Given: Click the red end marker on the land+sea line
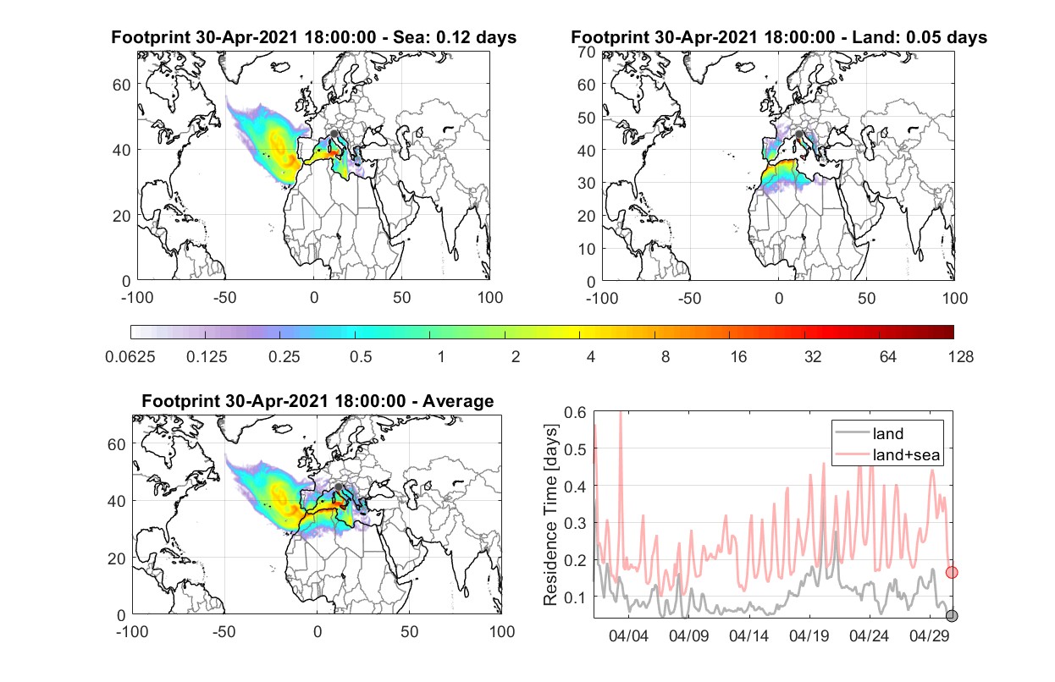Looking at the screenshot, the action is [952, 572].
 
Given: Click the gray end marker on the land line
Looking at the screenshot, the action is [952, 616].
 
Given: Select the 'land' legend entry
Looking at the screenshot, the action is [869, 433].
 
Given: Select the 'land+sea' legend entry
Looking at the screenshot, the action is [887, 454].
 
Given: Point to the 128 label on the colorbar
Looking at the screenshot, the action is [960, 357].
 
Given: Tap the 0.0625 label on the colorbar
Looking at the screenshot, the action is [130, 357].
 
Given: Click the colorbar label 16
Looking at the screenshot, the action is [738, 357].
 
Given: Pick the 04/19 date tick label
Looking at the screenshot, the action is [809, 636].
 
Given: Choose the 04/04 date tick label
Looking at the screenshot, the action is [628, 636].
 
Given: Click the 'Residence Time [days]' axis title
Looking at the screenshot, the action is [550, 514].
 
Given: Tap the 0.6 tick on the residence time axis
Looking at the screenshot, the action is [575, 413].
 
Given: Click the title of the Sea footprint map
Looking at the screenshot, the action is [313, 37].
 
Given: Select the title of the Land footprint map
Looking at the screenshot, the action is [779, 37].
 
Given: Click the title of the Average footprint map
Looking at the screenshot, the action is [318, 401].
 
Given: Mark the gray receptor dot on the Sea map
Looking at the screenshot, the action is [334, 134].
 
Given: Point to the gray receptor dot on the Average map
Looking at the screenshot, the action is [338, 487].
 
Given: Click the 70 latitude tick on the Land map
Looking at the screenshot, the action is [587, 52].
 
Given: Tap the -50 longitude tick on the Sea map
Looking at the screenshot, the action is [224, 298].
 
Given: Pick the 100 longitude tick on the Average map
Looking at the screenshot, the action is [501, 631].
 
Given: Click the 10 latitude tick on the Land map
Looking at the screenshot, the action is [587, 249].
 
